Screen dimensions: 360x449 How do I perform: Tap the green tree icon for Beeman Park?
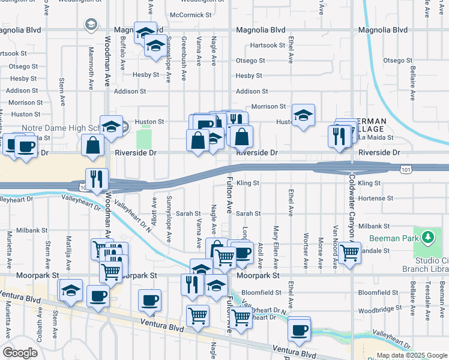tap(427, 238)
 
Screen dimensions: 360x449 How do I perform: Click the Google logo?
tap(20, 353)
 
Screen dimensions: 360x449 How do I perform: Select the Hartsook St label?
tap(268, 45)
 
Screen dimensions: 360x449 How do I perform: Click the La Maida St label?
tap(375, 137)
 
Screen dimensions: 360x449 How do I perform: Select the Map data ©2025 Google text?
tap(411, 355)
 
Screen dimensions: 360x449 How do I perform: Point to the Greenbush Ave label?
tap(184, 52)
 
